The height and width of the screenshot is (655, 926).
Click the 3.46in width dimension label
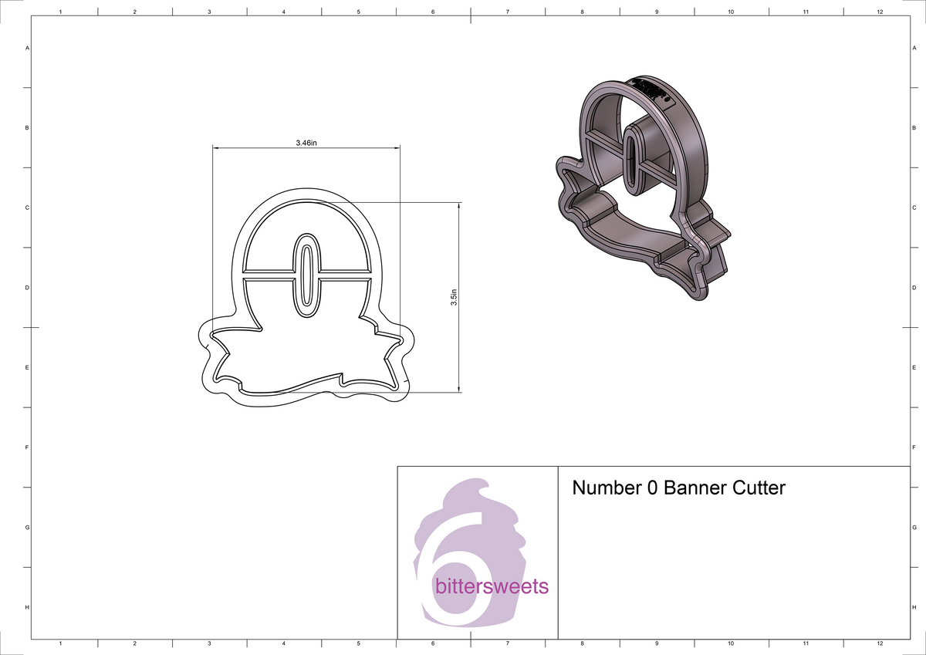(x=306, y=143)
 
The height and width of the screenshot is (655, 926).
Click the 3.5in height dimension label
(x=454, y=297)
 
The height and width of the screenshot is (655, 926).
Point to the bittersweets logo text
(x=492, y=586)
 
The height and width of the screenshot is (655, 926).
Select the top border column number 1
(x=60, y=12)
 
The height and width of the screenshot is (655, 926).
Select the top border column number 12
(x=880, y=12)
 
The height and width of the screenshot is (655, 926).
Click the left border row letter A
(x=28, y=48)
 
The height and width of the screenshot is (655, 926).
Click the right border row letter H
(x=913, y=607)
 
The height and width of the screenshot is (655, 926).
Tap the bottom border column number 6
(x=433, y=643)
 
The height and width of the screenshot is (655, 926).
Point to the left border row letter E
(x=28, y=367)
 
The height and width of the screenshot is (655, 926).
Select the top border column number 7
(x=507, y=12)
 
